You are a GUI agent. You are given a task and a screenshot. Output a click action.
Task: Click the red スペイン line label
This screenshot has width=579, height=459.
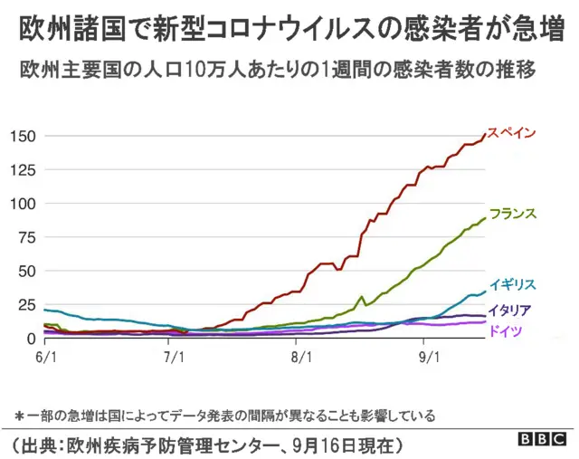click(x=512, y=133)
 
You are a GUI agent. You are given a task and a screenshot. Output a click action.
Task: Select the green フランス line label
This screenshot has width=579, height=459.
click(x=513, y=215)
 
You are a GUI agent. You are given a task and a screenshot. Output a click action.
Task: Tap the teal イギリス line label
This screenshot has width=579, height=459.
click(x=513, y=284)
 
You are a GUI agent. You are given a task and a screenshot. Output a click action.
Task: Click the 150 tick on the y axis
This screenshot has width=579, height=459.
click(x=23, y=137)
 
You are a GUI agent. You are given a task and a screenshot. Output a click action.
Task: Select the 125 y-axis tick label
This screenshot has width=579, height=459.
click(x=23, y=170)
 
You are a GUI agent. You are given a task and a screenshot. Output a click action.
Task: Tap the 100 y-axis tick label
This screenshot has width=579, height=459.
click(x=23, y=204)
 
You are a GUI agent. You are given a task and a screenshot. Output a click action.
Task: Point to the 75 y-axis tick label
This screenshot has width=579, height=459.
click(x=27, y=238)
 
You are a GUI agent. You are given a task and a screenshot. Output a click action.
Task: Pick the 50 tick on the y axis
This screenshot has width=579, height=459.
click(x=27, y=272)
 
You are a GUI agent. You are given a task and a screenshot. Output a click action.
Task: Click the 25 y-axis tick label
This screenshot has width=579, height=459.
click(x=27, y=305)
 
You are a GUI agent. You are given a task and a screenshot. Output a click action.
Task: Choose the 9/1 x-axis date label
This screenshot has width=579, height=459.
click(x=429, y=358)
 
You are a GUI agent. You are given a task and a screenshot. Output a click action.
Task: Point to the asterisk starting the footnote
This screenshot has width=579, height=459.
click(x=19, y=416)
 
